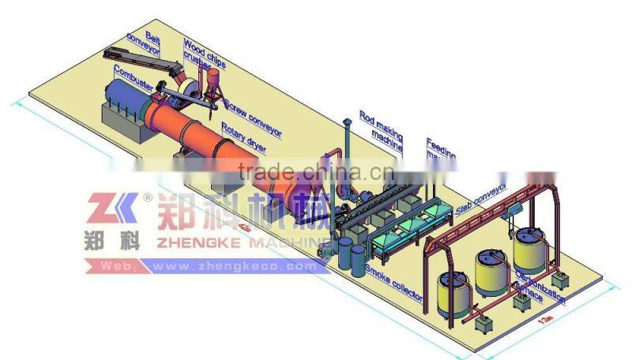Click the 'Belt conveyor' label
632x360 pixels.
pos(142,44)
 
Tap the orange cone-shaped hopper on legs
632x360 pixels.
pos(213,79)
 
